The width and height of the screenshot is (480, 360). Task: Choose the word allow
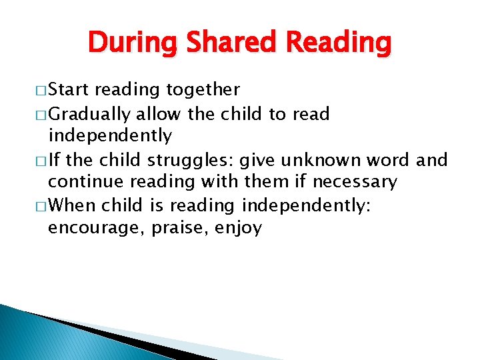159,114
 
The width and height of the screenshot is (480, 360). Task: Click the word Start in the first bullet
69,90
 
